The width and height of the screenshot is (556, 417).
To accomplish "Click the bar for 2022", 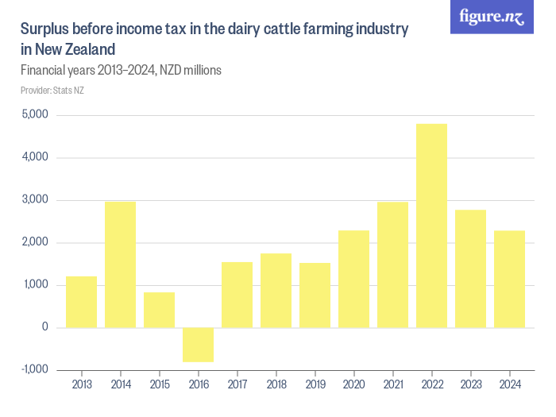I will pyautogui.click(x=431, y=226).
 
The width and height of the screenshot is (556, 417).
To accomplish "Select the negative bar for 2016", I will pyautogui.click(x=198, y=345).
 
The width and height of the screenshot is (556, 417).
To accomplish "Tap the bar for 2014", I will pyautogui.click(x=120, y=264).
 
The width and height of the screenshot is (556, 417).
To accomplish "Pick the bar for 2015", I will pyautogui.click(x=159, y=310).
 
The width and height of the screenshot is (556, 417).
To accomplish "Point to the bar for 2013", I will pyautogui.click(x=81, y=302).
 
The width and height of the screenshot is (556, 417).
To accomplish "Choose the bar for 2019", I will pyautogui.click(x=315, y=295).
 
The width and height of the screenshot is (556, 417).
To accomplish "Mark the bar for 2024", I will pyautogui.click(x=509, y=279).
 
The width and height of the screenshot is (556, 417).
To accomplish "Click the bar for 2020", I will pyautogui.click(x=353, y=279).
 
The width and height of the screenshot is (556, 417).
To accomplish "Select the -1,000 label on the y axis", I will pyautogui.click(x=33, y=369).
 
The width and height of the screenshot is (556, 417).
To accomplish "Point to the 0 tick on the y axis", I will pyautogui.click(x=44, y=327).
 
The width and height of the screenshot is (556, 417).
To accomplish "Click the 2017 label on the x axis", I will pyautogui.click(x=237, y=385).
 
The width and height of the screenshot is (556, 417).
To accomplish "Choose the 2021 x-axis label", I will pyautogui.click(x=392, y=385).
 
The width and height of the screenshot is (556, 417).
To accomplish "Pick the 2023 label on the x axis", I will pyautogui.click(x=470, y=385).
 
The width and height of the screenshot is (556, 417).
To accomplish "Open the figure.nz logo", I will pyautogui.click(x=492, y=17).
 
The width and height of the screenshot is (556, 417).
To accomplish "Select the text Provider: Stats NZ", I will pyautogui.click(x=52, y=90).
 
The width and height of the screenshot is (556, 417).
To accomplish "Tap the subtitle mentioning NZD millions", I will pyautogui.click(x=120, y=70).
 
